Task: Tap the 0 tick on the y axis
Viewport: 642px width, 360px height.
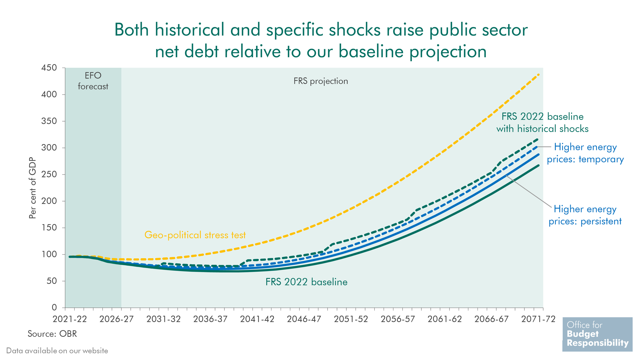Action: pos(54,308)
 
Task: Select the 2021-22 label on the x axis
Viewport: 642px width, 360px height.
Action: pos(70,319)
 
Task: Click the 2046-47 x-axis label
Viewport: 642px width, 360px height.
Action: pos(304,319)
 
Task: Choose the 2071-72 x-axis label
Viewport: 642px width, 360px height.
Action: pos(538,319)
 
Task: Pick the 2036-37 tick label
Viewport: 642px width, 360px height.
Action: pos(210,319)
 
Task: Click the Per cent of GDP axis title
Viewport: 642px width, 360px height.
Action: pos(33,188)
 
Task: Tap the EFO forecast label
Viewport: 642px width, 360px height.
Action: pos(93,81)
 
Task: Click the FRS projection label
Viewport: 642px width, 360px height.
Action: pos(321,81)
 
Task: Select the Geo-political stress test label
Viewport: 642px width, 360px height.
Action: pos(195,235)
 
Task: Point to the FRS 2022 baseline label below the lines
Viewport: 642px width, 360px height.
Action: pos(306,282)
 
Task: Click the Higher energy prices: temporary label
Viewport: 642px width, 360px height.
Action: pos(585,153)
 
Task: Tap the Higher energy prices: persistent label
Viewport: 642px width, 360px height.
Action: pos(585,215)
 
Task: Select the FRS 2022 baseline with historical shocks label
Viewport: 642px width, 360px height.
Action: pos(542,123)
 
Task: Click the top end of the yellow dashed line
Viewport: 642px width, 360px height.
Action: pos(538,74)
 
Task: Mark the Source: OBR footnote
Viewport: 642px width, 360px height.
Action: pos(52,334)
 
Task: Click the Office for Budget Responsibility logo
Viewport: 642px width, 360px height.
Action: pos(597,334)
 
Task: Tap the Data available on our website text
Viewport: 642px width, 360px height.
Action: pos(57,351)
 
